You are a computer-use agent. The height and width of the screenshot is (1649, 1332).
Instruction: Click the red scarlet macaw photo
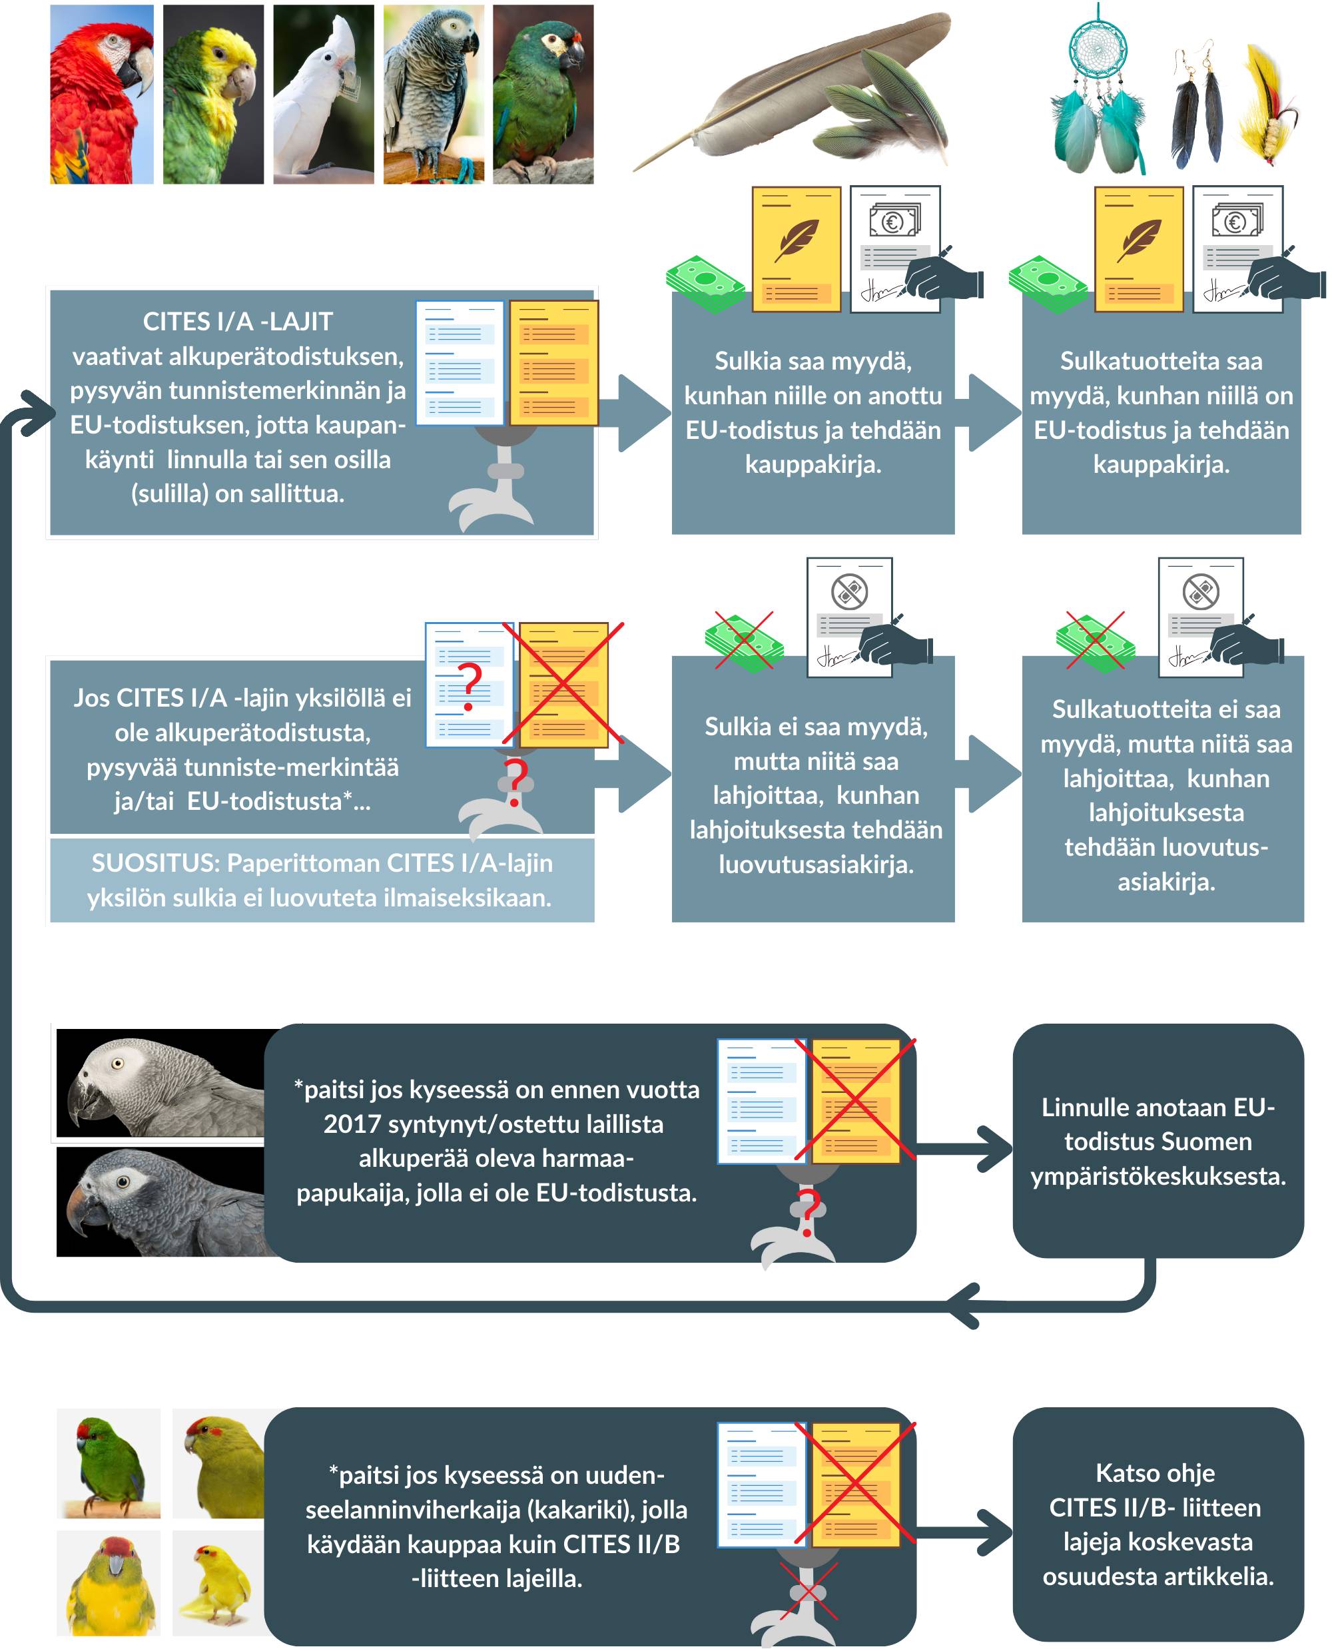[101, 94]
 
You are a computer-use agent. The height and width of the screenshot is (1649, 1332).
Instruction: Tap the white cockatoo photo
[323, 94]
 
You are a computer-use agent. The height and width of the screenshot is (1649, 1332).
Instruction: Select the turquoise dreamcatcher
[1100, 92]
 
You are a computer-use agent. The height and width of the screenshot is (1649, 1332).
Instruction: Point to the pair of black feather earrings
[1197, 107]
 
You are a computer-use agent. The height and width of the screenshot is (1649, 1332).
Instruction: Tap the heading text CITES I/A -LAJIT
[237, 322]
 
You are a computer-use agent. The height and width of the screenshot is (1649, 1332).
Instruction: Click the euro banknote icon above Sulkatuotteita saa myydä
[1235, 221]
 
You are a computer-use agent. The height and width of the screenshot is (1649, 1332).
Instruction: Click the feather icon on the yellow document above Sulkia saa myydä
[797, 239]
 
